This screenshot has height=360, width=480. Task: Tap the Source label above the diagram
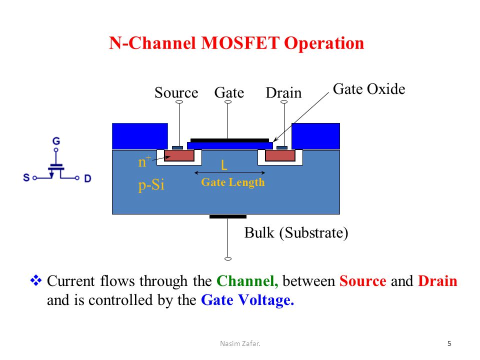pos(176,92)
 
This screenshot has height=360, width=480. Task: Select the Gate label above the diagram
pos(229,92)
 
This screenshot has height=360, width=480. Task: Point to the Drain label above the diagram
pos(283,93)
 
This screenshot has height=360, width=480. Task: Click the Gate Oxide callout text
pos(369,89)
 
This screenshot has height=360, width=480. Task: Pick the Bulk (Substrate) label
pos(296,233)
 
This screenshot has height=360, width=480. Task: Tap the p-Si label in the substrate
pos(151,185)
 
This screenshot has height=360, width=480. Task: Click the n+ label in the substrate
pos(144,161)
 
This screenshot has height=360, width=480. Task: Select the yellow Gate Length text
pos(232,182)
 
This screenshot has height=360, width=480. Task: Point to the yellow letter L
pos(224,165)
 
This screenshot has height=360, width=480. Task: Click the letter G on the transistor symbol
pos(56,141)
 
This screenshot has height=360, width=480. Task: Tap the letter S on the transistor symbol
pos(26,177)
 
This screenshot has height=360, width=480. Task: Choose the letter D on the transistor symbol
pos(87,178)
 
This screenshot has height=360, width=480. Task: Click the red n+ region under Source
pos(179,155)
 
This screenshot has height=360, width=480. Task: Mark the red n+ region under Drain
pos(280,155)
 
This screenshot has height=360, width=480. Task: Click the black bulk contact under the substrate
pos(228,216)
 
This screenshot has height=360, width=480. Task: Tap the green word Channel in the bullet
pos(247,281)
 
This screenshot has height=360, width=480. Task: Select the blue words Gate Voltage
pos(247,300)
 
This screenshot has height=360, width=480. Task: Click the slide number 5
pos(449,343)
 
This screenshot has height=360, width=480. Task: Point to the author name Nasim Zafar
pos(240,343)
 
